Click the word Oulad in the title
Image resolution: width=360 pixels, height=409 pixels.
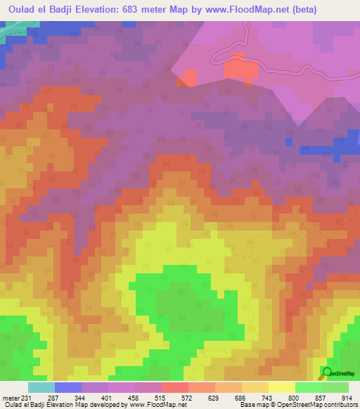click(x=22, y=9)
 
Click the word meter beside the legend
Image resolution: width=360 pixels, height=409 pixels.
click(x=11, y=398)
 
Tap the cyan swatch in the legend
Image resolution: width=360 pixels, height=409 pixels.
click(x=41, y=387)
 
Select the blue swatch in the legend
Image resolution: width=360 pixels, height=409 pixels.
click(x=68, y=387)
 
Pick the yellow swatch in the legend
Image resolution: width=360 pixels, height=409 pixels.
click(x=281, y=387)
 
